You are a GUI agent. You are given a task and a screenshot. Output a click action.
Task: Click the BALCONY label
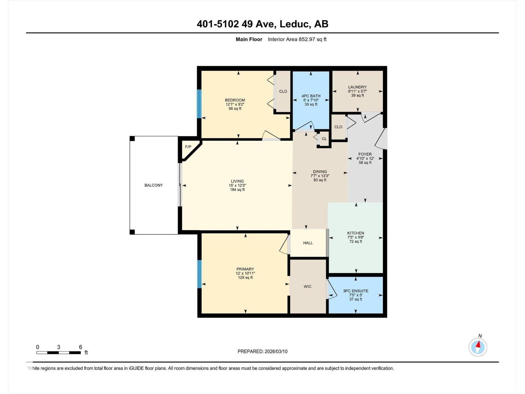pos(154,185)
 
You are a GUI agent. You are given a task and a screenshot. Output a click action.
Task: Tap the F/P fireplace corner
pos(188,147)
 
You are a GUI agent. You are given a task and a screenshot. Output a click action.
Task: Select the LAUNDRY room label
pos(357,87)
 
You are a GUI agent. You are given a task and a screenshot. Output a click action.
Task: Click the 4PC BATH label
pos(311,96)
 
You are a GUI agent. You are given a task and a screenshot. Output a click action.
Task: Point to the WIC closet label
pos(307,287)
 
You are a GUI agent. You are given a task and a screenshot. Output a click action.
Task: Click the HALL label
pos(308,243)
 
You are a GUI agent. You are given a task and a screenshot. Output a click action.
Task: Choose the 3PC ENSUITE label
pos(356,291)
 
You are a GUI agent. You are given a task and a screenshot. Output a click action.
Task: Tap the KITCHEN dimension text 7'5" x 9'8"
pos(356,237)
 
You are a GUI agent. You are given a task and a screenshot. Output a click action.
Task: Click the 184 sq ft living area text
pos(237,190)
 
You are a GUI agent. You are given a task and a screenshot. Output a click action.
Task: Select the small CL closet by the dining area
pos(324,139)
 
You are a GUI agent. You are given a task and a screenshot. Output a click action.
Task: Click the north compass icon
pos(478,347)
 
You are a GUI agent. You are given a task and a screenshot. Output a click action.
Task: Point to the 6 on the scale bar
pos(80,347)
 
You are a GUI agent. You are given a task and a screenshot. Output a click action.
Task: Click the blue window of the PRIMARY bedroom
pos(199,274)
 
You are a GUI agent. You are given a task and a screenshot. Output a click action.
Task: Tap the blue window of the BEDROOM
pos(199,104)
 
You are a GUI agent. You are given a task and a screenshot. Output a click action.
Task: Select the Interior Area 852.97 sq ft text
pos(297,39)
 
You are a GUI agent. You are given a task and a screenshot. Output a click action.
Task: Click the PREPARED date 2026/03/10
pos(275,351)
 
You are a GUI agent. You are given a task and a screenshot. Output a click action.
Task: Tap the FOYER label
pos(365,154)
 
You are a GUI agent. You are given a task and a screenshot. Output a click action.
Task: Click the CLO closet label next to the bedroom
pos(283,91)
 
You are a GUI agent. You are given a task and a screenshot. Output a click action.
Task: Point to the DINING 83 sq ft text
pos(320,180)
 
